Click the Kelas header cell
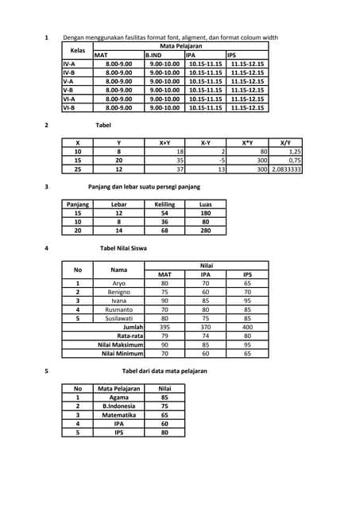click(x=77, y=50)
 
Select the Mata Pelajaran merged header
click(x=180, y=46)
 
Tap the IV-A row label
click(x=69, y=63)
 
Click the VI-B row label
click(x=69, y=107)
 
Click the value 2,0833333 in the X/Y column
click(x=285, y=169)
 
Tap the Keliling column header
click(x=164, y=204)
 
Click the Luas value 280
click(x=206, y=231)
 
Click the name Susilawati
click(x=119, y=318)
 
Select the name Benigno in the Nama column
click(x=119, y=292)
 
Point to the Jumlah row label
click(x=132, y=327)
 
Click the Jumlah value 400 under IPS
click(x=247, y=327)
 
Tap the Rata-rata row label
click(x=130, y=336)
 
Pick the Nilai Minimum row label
click(x=122, y=354)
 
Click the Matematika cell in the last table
click(x=118, y=415)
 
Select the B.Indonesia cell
click(x=118, y=406)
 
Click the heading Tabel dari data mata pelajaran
click(x=164, y=371)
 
